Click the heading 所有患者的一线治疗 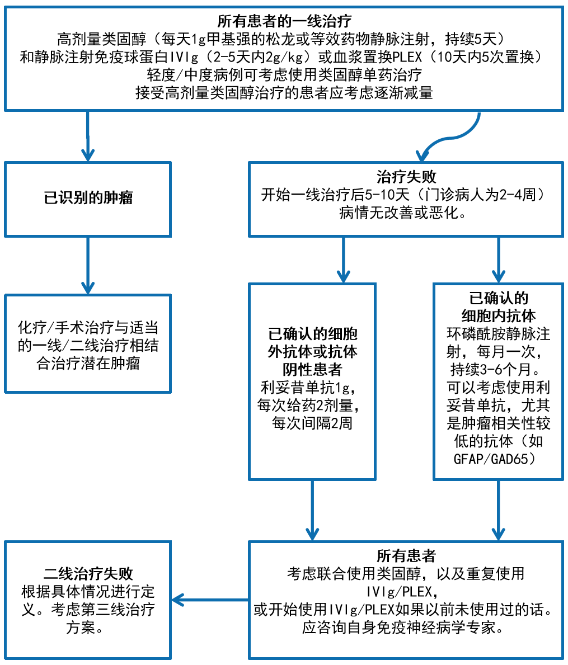point(284,21)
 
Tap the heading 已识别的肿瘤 point(88,197)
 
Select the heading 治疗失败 point(406,176)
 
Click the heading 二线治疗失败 point(88,573)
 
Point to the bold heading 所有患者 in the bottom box point(406,555)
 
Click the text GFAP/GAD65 point(495,459)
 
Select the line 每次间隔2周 point(312,423)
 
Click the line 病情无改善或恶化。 point(403,213)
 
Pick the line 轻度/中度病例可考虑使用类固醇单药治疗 point(284,74)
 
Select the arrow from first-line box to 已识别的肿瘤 point(88,136)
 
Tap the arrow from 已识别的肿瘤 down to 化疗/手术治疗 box point(88,266)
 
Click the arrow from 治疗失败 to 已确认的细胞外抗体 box point(343,260)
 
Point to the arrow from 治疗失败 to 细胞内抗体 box point(499,260)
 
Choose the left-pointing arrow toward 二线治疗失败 point(210,600)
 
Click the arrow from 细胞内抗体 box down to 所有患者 point(499,511)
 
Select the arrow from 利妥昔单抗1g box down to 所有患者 point(312,511)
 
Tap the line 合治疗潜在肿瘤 point(88,363)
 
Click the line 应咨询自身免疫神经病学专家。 point(403,628)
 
